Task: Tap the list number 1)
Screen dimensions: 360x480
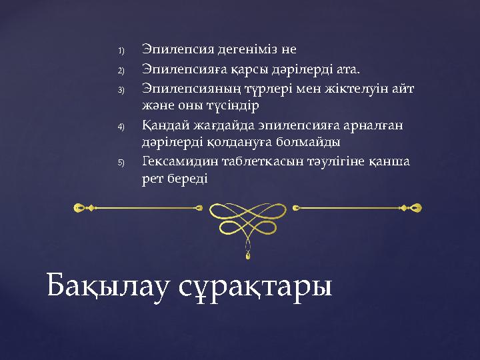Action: coord(121,51)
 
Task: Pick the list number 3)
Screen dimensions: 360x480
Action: coord(121,89)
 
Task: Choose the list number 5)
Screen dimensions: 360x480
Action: coord(121,162)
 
